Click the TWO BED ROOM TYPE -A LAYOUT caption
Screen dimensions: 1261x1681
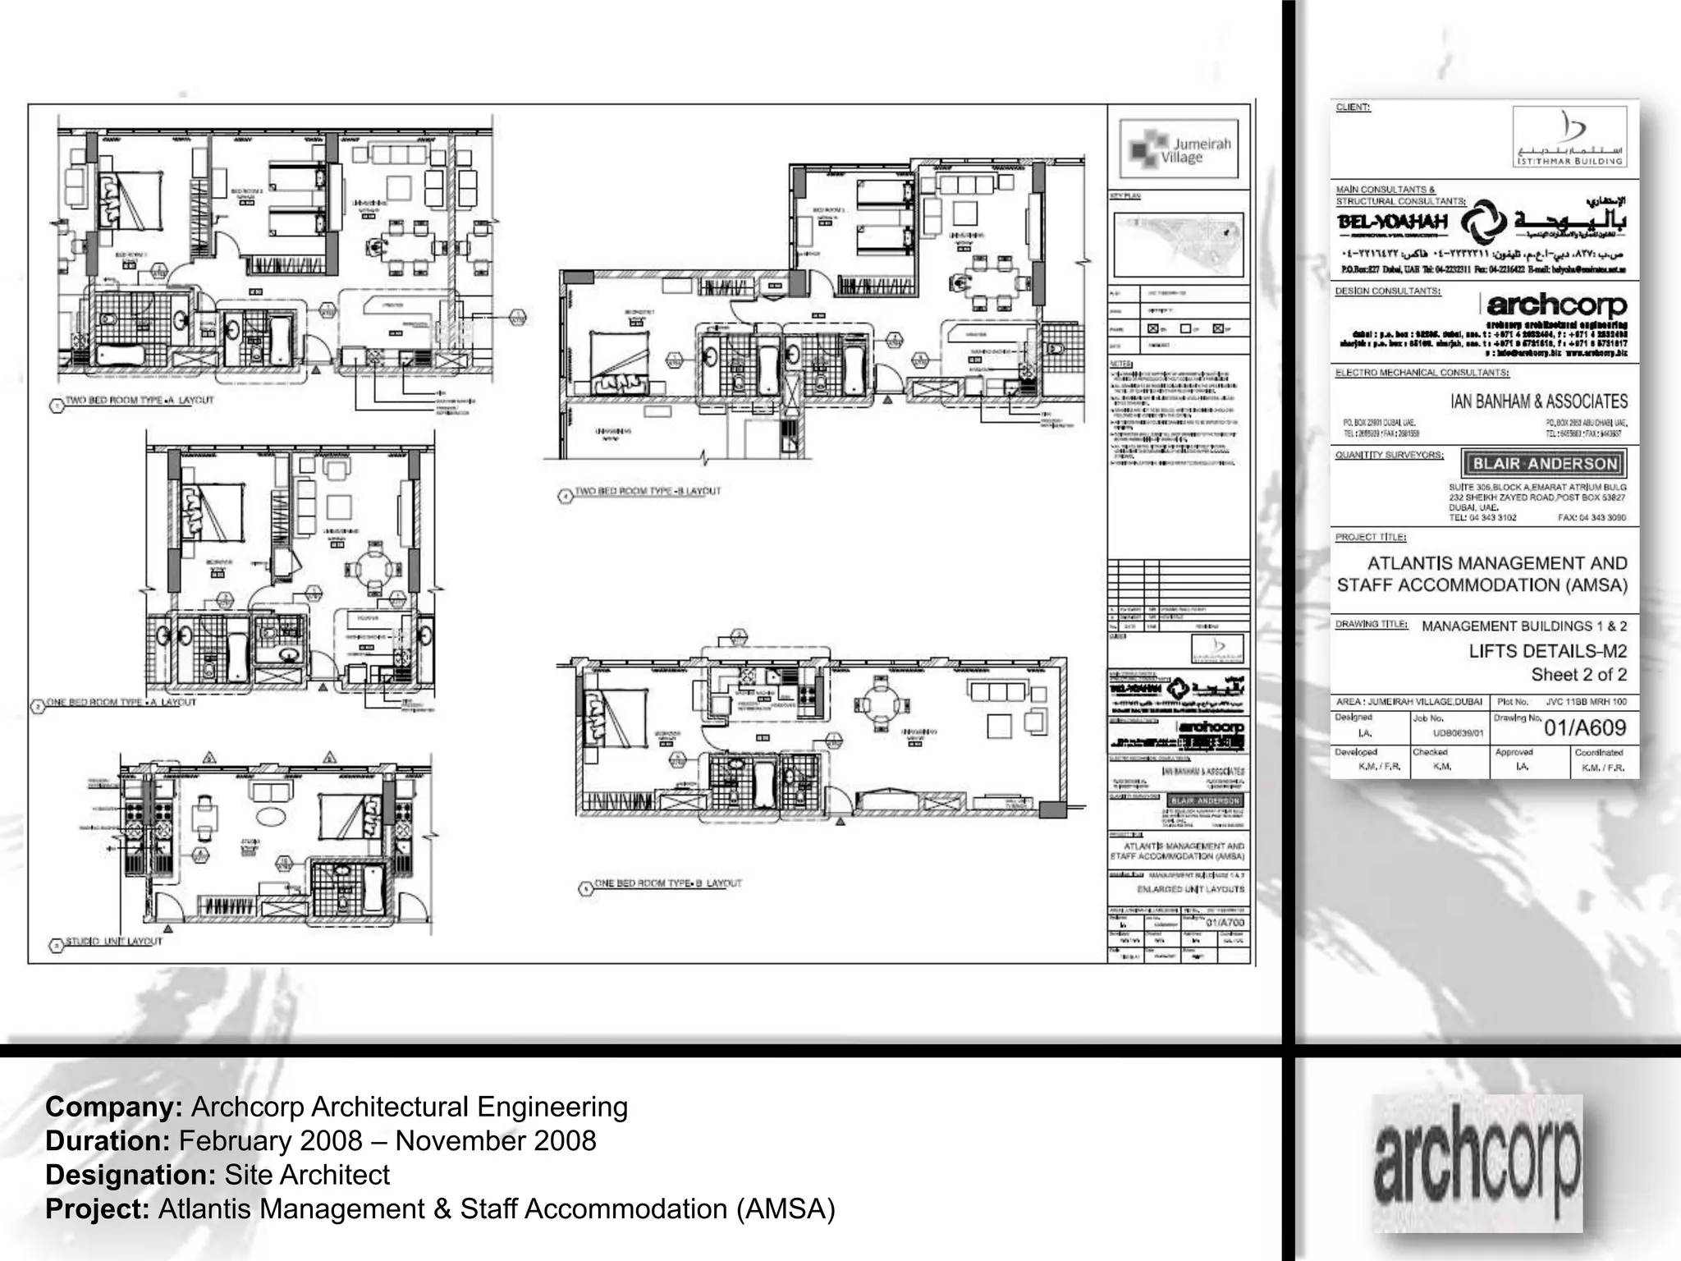click(139, 400)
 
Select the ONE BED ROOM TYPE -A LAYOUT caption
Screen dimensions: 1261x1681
click(121, 702)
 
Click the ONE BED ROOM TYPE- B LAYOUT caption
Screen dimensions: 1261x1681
click(667, 883)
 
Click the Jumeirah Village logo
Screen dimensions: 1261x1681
click(1179, 150)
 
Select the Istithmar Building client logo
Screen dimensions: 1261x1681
click(1569, 137)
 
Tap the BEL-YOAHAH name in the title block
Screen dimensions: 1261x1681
click(1392, 222)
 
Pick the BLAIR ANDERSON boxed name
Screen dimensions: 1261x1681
click(1544, 463)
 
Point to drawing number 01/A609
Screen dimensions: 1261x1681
click(1584, 727)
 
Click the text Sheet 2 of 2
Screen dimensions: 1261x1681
click(1578, 675)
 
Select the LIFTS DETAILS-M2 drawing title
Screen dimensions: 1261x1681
click(1547, 651)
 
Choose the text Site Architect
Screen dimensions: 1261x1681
click(307, 1175)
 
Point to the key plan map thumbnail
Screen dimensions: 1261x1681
click(1179, 244)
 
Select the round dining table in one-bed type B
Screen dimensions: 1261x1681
click(881, 704)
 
